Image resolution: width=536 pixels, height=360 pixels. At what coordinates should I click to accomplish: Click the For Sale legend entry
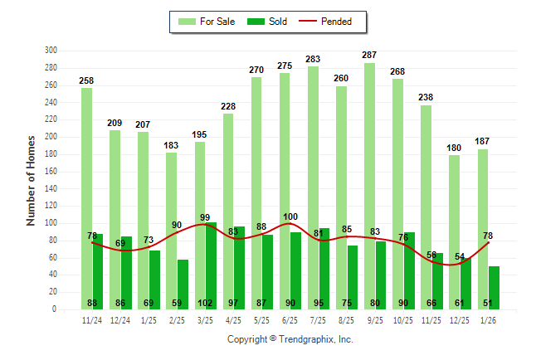(x=208, y=22)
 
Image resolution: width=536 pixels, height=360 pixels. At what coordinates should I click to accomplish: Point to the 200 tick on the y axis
(x=51, y=137)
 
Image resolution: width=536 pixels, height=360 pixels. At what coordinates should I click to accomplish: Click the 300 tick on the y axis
(x=51, y=51)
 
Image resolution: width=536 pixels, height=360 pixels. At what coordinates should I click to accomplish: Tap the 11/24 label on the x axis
(x=92, y=320)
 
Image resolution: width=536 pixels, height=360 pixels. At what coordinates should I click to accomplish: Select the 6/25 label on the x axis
(x=290, y=320)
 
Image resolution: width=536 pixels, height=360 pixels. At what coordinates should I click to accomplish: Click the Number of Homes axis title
(x=31, y=180)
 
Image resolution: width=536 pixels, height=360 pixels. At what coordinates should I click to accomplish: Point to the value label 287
(x=370, y=55)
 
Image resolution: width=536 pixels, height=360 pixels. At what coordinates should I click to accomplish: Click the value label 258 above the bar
(x=87, y=80)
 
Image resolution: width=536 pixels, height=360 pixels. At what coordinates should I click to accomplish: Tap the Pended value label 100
(x=290, y=217)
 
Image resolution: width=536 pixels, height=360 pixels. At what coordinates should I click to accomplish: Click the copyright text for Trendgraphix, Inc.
(x=290, y=339)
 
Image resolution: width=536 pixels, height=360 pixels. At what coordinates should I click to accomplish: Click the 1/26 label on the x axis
(x=489, y=320)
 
